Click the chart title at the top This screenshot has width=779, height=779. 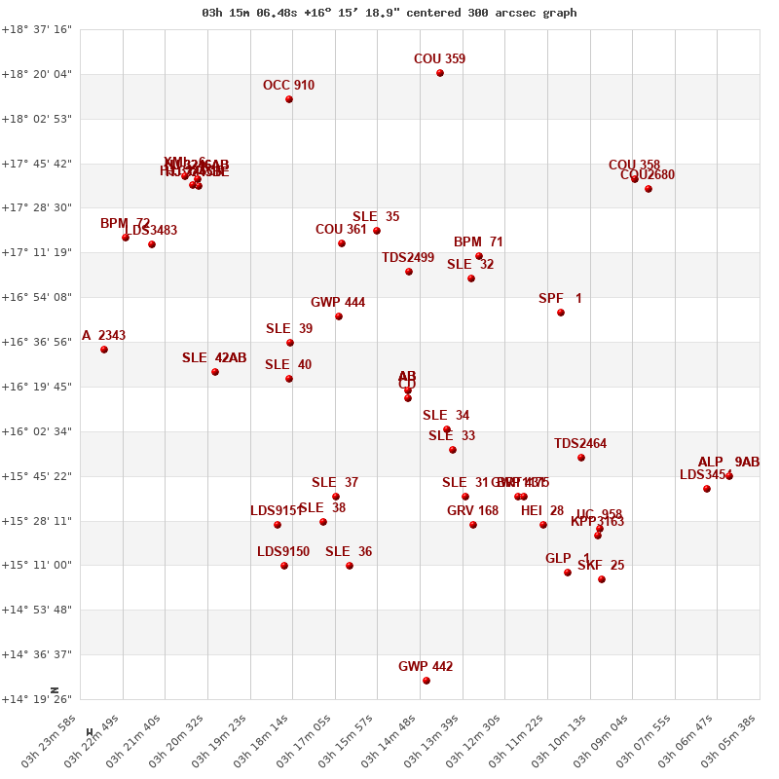click(389, 13)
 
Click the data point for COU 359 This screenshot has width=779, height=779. click(440, 73)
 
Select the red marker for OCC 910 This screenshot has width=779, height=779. click(289, 99)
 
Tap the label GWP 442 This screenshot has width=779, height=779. click(426, 667)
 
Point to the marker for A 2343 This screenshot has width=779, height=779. click(104, 350)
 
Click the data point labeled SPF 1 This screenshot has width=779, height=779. click(561, 313)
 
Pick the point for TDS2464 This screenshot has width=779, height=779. click(581, 458)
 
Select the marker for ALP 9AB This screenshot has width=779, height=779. click(729, 476)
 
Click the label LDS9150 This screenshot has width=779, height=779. click(283, 552)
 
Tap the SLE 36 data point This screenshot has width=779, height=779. click(350, 566)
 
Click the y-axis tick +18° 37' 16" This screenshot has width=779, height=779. click(37, 30)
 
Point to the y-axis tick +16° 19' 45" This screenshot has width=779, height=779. click(37, 387)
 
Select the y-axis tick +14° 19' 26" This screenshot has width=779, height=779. click(37, 699)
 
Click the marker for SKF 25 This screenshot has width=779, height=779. click(602, 579)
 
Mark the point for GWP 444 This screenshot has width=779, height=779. click(339, 316)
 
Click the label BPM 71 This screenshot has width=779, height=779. click(478, 242)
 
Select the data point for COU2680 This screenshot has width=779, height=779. click(649, 189)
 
